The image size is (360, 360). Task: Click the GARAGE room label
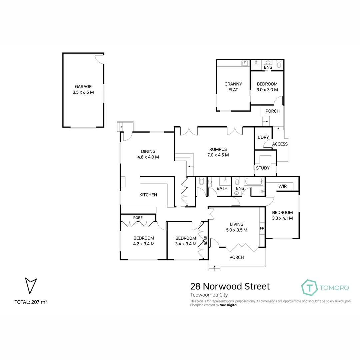click(x=83, y=87)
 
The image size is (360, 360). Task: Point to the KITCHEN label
click(x=148, y=195)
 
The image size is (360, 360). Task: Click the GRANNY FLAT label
click(x=233, y=87)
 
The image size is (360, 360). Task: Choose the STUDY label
click(x=263, y=168)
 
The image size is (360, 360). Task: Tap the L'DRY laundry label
click(x=263, y=137)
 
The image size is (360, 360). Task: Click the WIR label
click(x=283, y=186)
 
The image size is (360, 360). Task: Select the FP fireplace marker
click(x=262, y=229)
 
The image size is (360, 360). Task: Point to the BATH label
click(x=222, y=188)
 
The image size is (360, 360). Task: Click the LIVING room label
click(x=236, y=224)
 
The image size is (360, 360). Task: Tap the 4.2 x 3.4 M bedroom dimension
click(x=144, y=244)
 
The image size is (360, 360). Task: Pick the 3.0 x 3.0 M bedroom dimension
click(x=267, y=90)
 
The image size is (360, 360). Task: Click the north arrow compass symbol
click(x=31, y=285)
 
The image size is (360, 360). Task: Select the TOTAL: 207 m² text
click(x=31, y=302)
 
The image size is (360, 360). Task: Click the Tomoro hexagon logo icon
click(x=309, y=287)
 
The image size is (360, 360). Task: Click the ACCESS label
click(x=280, y=144)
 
